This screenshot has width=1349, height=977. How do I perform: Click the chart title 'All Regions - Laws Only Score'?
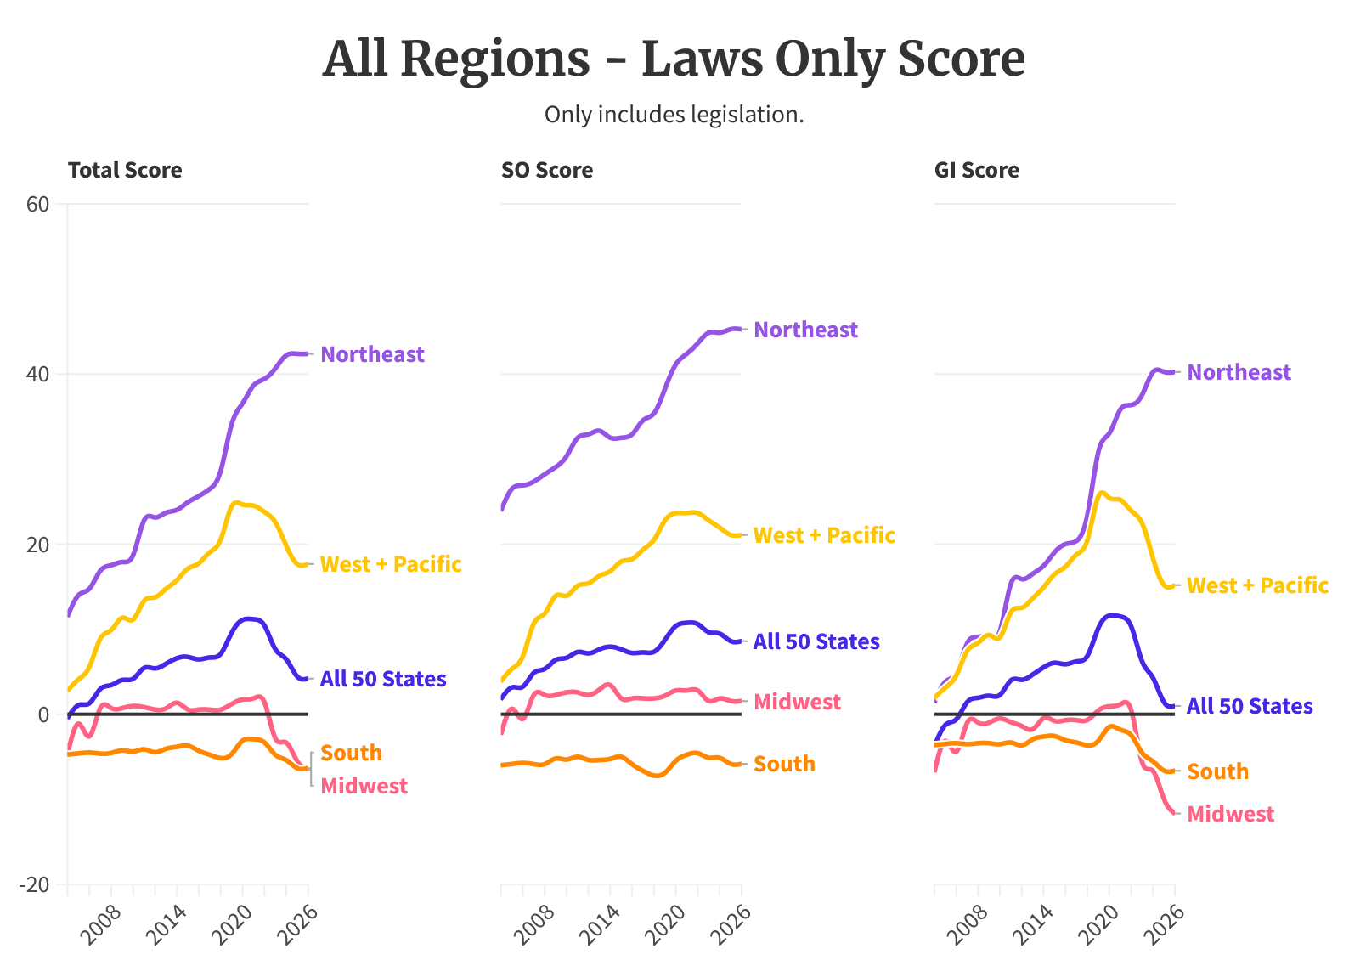(674, 59)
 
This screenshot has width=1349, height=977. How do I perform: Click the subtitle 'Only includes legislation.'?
(674, 115)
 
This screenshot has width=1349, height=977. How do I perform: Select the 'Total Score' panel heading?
(125, 171)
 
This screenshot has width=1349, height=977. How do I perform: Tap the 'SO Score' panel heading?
(547, 171)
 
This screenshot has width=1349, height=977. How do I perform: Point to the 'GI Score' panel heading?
(977, 171)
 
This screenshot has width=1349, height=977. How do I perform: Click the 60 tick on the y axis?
(40, 204)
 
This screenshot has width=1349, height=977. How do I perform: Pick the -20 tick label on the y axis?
(36, 884)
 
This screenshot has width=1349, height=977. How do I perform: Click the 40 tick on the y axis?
(40, 374)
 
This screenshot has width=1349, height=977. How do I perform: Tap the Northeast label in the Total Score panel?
(372, 354)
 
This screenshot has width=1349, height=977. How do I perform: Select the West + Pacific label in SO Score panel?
(824, 535)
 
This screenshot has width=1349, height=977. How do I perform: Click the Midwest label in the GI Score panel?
(1230, 814)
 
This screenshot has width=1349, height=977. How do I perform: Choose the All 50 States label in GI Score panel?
(1249, 706)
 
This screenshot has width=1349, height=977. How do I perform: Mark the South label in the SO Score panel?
(784, 764)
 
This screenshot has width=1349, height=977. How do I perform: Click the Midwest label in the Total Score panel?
(364, 786)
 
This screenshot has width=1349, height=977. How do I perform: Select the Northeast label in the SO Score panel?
(805, 330)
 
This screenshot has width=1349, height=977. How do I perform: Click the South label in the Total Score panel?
(351, 753)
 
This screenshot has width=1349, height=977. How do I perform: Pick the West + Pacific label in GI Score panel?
(1257, 585)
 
